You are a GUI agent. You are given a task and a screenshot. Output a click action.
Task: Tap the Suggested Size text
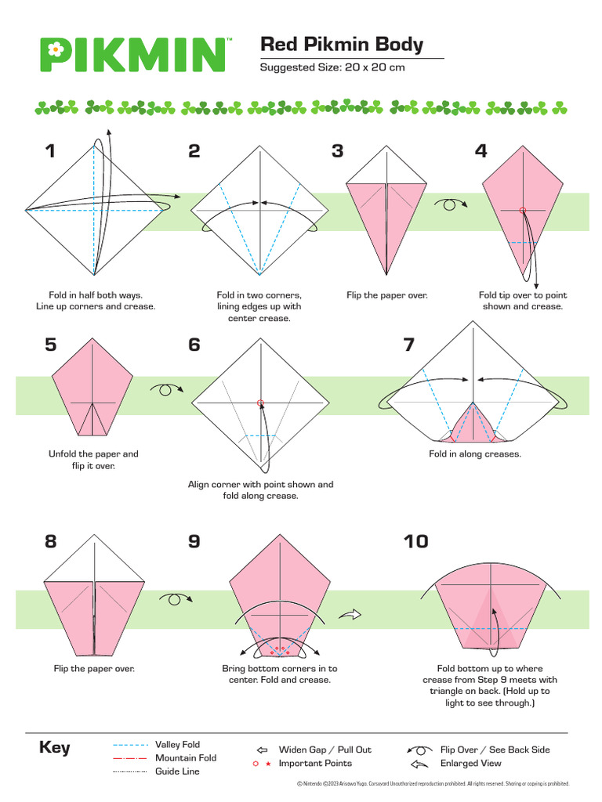click(332, 67)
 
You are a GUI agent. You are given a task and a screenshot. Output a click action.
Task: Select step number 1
click(51, 151)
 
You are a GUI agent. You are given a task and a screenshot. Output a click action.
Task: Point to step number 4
click(481, 151)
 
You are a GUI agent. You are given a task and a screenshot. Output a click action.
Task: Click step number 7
click(408, 345)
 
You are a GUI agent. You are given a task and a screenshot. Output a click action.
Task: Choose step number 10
click(415, 541)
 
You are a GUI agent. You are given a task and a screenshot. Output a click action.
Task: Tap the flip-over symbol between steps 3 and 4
click(453, 204)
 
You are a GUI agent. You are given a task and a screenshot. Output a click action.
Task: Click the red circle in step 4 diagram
click(522, 210)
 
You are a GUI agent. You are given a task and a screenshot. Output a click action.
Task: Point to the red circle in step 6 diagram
click(260, 403)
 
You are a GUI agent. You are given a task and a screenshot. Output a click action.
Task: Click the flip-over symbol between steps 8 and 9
click(176, 599)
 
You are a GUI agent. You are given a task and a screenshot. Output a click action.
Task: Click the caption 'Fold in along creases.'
click(474, 453)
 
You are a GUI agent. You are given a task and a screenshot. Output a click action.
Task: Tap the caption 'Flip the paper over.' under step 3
click(387, 295)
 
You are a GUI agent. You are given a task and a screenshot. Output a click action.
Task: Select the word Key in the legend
click(55, 747)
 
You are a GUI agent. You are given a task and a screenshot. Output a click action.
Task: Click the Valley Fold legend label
click(177, 745)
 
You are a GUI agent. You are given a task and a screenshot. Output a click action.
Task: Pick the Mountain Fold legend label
click(185, 758)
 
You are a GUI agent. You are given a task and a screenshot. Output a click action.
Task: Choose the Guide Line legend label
click(177, 771)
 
